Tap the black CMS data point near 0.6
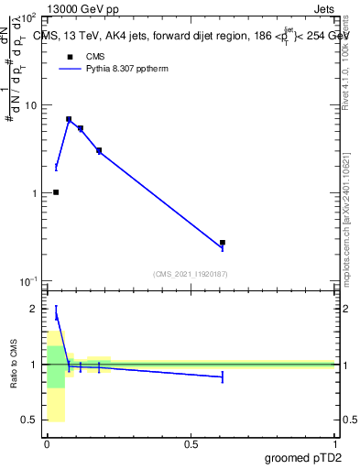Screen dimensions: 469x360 (x=223, y=243)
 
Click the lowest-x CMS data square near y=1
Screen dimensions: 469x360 (x=56, y=192)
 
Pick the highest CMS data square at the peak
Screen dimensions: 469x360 (x=69, y=119)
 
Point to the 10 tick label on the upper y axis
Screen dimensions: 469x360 (x=29, y=105)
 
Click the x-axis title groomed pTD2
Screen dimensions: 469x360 (x=303, y=458)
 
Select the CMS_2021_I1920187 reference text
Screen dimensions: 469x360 (x=191, y=273)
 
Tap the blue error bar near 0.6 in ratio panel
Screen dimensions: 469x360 (x=223, y=376)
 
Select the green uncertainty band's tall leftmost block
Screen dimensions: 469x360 (x=56, y=366)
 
